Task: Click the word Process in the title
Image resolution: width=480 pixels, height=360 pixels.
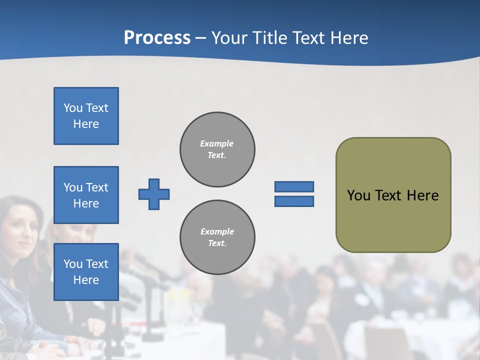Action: tap(157, 38)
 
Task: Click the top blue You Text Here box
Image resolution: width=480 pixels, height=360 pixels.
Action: tap(86, 116)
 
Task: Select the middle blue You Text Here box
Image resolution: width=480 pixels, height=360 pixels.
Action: tap(86, 195)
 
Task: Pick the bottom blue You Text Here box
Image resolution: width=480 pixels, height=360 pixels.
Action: tap(86, 272)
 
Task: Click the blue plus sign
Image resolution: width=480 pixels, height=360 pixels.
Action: tap(154, 194)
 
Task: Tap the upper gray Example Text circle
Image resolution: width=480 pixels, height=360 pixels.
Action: tap(217, 149)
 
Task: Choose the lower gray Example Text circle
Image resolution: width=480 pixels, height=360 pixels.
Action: tap(217, 237)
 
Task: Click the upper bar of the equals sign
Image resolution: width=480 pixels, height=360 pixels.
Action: tap(294, 186)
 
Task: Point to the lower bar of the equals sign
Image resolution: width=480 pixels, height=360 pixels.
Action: tap(294, 201)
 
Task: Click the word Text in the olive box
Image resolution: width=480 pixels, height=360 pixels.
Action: tap(389, 195)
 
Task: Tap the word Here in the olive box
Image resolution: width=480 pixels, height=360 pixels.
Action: tap(422, 195)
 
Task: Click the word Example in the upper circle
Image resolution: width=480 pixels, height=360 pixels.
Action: tap(216, 143)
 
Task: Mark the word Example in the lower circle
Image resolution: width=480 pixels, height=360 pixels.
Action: tap(217, 231)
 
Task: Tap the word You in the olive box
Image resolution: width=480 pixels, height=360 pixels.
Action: tap(358, 195)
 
